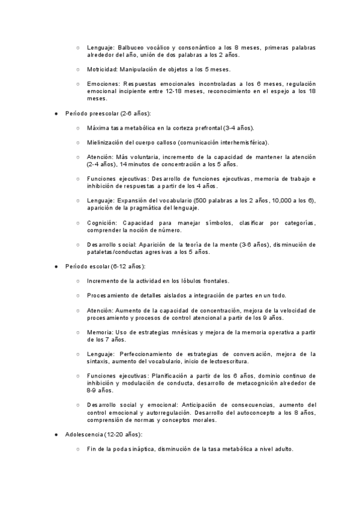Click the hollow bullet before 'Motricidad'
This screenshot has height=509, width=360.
tap(78, 69)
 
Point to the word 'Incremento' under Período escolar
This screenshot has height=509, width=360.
tap(103, 280)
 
